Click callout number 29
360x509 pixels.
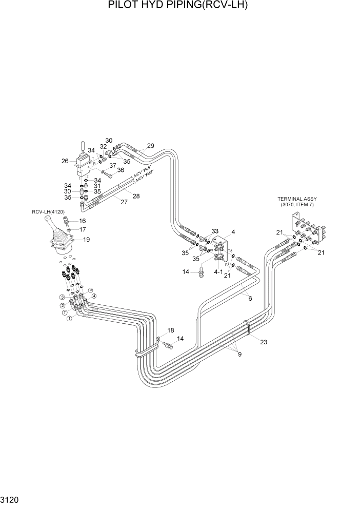point(150,146)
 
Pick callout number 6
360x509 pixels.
point(250,298)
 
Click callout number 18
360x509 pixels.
point(170,330)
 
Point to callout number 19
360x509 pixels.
point(87,239)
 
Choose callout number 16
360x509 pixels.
point(82,221)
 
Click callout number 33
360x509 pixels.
point(215,231)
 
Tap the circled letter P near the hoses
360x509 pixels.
point(91,290)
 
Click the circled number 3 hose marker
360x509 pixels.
point(62,297)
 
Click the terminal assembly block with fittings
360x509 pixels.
point(308,230)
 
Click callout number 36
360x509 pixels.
point(120,170)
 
